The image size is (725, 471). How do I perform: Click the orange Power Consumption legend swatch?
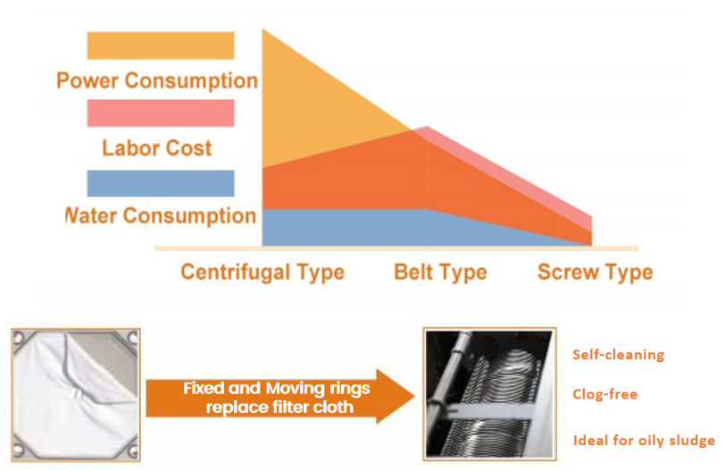[x=160, y=46]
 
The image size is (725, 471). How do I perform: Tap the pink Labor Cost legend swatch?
[x=160, y=114]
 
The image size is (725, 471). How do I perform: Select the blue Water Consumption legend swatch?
[x=160, y=183]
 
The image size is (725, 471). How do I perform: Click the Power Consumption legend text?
[x=157, y=80]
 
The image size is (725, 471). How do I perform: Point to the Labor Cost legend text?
[x=157, y=147]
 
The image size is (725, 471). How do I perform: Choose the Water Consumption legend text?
[x=161, y=215]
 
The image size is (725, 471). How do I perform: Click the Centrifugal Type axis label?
[x=262, y=272]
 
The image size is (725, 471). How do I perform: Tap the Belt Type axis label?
[x=440, y=272]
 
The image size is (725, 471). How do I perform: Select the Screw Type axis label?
[x=595, y=272]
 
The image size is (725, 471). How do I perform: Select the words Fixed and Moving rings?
[x=276, y=388]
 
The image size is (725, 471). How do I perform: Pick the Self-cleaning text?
[x=618, y=355]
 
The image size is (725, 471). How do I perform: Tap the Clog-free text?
[x=604, y=394]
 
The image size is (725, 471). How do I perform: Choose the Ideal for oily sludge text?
[x=643, y=440]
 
